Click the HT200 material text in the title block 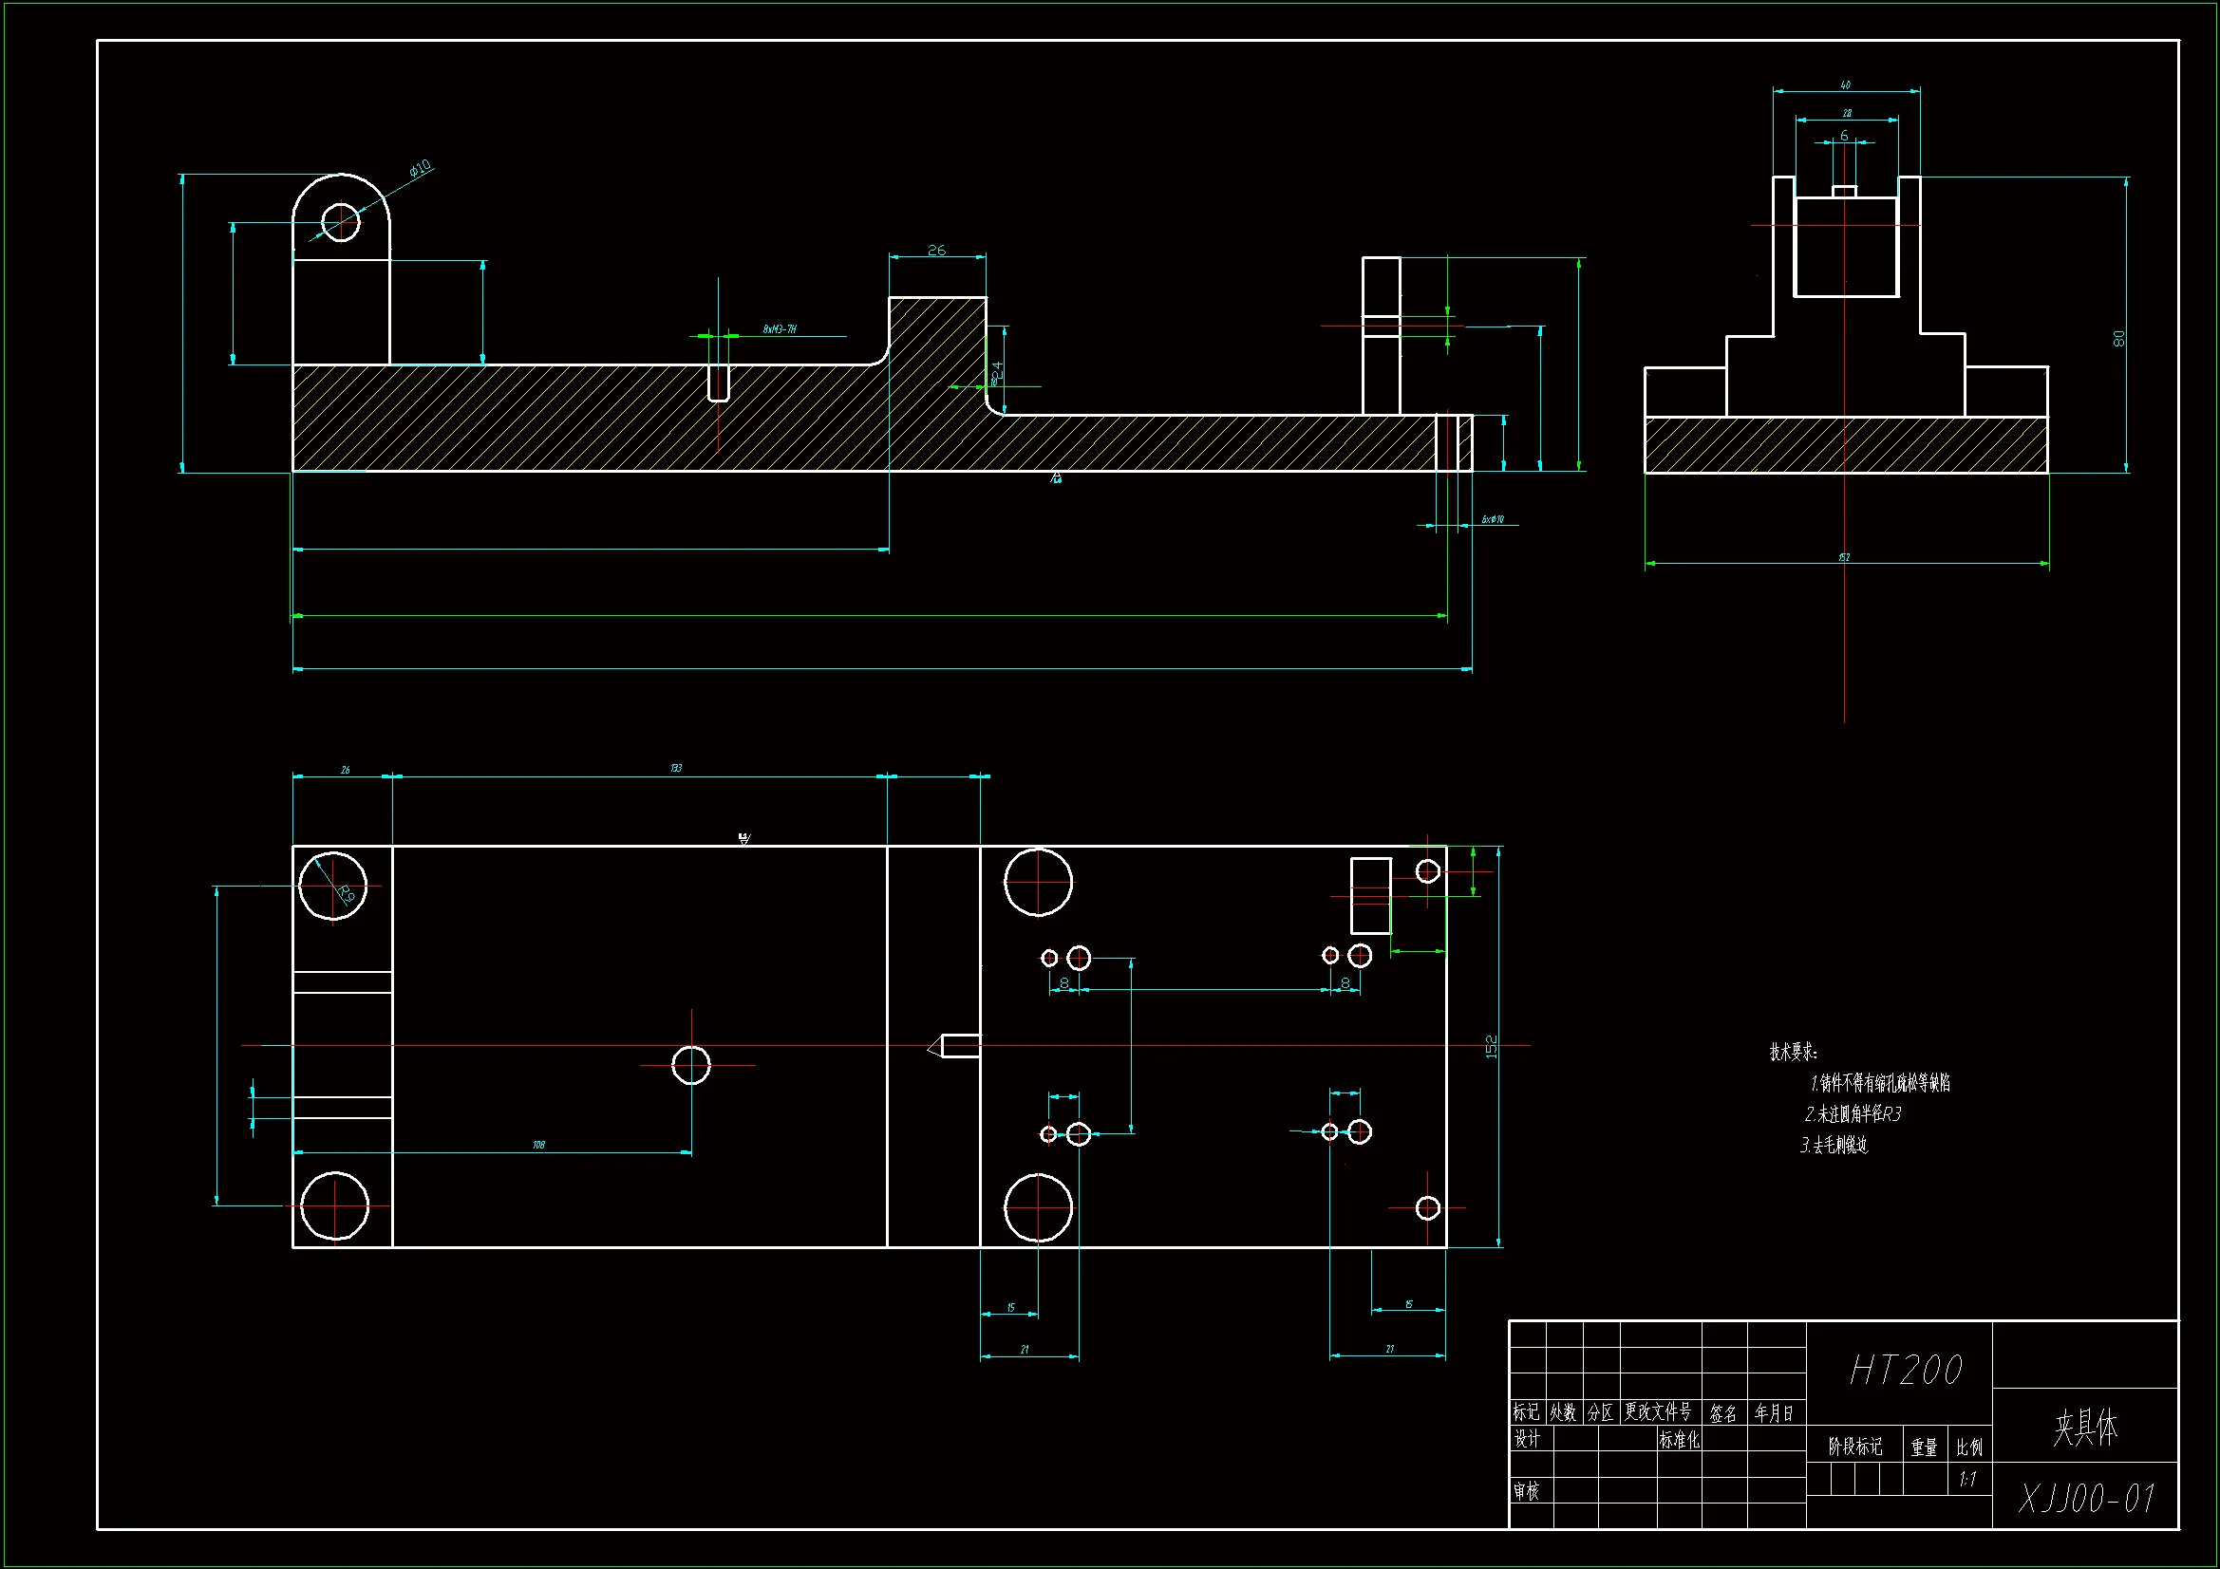[1906, 1370]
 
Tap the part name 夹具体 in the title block [2085, 1427]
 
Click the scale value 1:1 [1967, 1479]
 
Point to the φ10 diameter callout [420, 169]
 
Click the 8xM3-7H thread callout [780, 329]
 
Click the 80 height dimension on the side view [2118, 338]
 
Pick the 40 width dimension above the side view [1846, 85]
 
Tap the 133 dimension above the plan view [676, 768]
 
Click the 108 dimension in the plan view [538, 1145]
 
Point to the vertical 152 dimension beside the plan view [1490, 1046]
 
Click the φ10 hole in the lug [340, 222]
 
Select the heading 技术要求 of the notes [1793, 1052]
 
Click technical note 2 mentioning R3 [1853, 1113]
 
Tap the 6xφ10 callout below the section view [1493, 519]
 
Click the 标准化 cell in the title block [1679, 1441]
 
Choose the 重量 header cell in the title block [1924, 1448]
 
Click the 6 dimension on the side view [1844, 137]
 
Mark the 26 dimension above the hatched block [936, 251]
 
